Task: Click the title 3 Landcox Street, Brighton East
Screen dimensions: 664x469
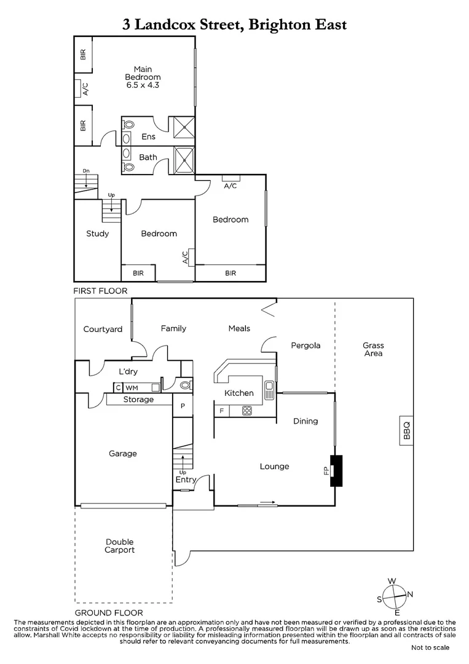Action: coord(234,25)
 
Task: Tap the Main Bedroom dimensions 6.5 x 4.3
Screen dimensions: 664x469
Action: coord(143,85)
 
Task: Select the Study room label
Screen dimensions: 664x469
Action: coord(98,234)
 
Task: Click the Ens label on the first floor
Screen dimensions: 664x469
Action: coord(148,136)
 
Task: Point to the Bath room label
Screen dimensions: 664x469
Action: coord(148,157)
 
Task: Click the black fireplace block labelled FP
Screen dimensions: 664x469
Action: coord(336,471)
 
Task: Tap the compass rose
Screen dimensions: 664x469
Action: coord(393,596)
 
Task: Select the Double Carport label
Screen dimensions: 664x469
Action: coord(120,546)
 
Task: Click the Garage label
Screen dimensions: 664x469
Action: coord(123,454)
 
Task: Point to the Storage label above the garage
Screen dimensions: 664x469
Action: coord(138,400)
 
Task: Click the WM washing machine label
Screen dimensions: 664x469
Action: coord(132,388)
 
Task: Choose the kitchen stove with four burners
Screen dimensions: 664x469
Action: coord(247,411)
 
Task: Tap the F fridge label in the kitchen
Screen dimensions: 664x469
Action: coord(221,411)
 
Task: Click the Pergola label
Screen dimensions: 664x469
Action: coord(305,346)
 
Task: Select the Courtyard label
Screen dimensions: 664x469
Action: coord(103,330)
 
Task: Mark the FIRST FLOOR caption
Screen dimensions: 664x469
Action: coord(100,291)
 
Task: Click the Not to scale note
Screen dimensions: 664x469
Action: coord(430,647)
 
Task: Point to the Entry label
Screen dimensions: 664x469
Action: coord(186,480)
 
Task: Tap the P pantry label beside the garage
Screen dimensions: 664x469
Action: coord(183,406)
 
